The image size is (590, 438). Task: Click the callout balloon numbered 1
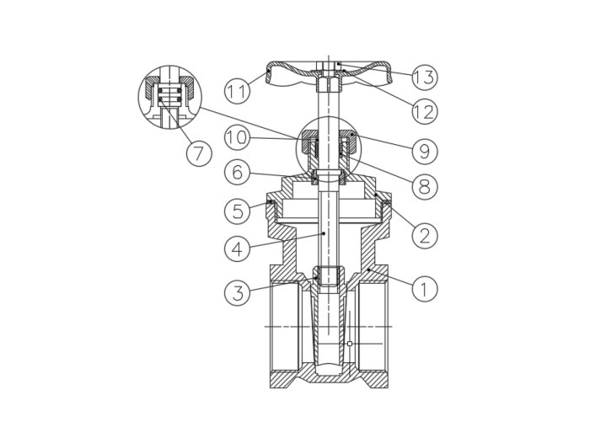425,289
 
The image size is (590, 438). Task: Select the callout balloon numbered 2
425,236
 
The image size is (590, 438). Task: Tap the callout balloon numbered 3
237,292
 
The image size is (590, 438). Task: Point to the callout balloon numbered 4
237,248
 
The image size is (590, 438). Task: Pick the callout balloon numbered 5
237,211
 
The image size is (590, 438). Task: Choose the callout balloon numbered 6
237,172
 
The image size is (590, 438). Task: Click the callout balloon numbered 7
199,153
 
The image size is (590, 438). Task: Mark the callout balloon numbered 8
425,186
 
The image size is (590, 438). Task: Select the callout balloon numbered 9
425,151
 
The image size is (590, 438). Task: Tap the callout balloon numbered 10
237,138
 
